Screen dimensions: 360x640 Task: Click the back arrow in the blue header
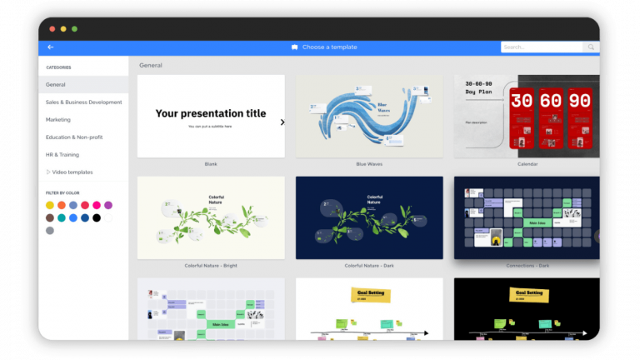pyautogui.click(x=51, y=47)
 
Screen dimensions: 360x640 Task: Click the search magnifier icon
pyautogui.click(x=591, y=47)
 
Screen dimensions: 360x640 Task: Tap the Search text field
pyautogui.click(x=540, y=47)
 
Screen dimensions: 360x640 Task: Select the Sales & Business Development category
pyautogui.click(x=83, y=102)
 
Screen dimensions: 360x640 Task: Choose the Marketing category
pyautogui.click(x=58, y=120)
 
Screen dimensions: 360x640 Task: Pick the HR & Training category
pyautogui.click(x=63, y=155)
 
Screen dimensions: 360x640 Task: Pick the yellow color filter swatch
pyautogui.click(x=50, y=205)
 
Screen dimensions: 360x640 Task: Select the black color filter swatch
pyautogui.click(x=97, y=217)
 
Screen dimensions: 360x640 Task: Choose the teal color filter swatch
pyautogui.click(x=62, y=217)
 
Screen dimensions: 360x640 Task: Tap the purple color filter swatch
pyautogui.click(x=108, y=205)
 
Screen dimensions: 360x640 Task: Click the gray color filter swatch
pyautogui.click(x=50, y=230)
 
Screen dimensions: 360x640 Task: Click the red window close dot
pyautogui.click(x=52, y=28)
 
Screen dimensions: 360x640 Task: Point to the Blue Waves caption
pyautogui.click(x=369, y=164)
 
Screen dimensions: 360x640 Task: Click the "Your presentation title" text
pyautogui.click(x=211, y=113)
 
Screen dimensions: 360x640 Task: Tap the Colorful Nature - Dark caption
pyautogui.click(x=369, y=265)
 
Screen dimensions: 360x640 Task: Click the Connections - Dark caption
pyautogui.click(x=527, y=265)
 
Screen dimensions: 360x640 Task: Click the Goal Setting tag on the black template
pyautogui.click(x=527, y=294)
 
